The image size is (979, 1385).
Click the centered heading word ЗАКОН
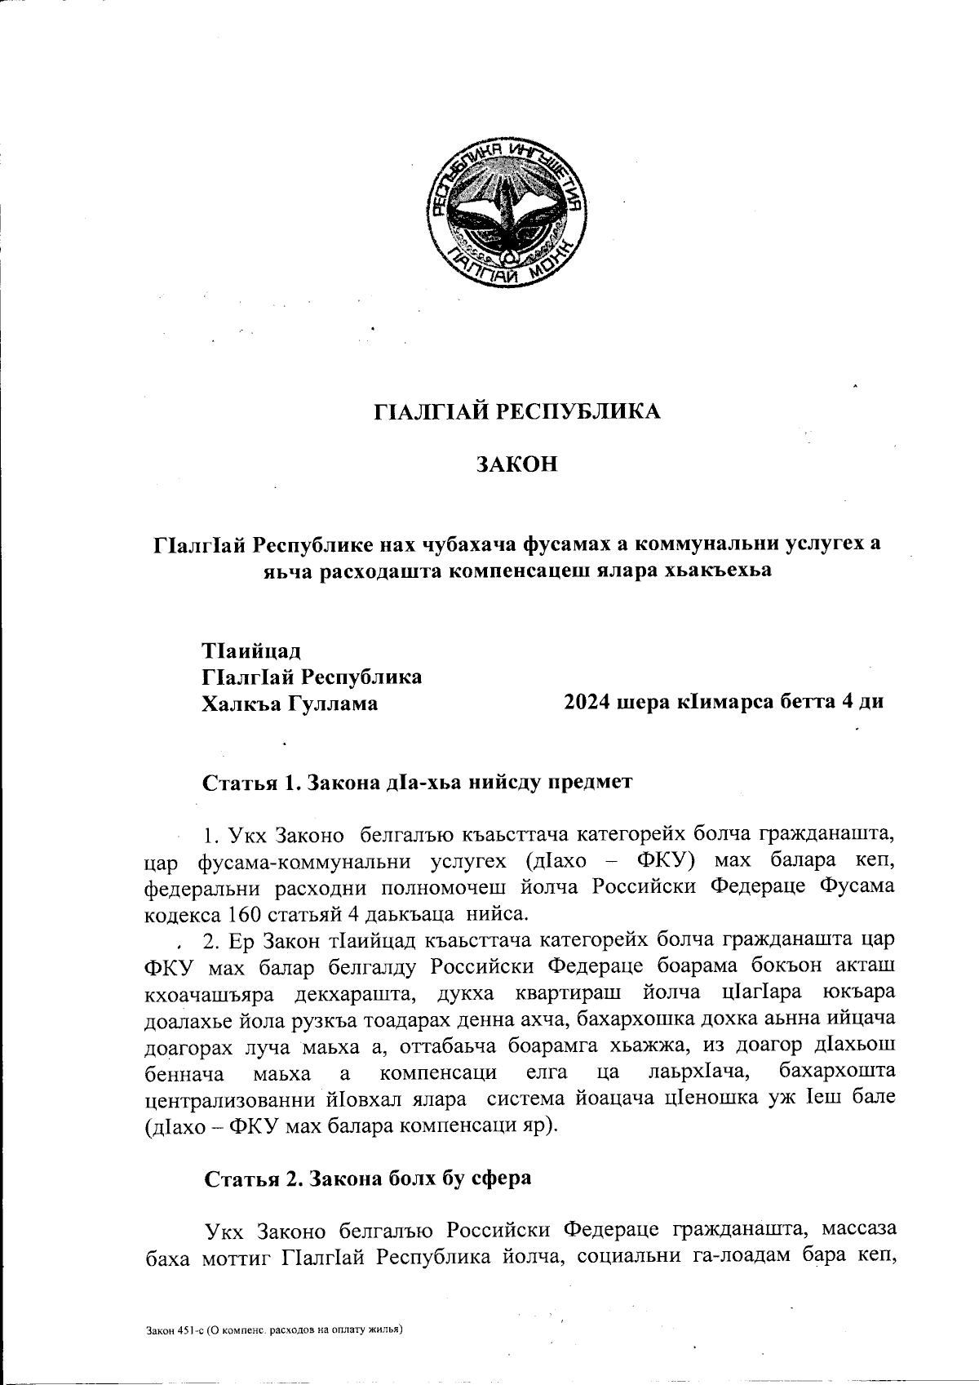point(516,465)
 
